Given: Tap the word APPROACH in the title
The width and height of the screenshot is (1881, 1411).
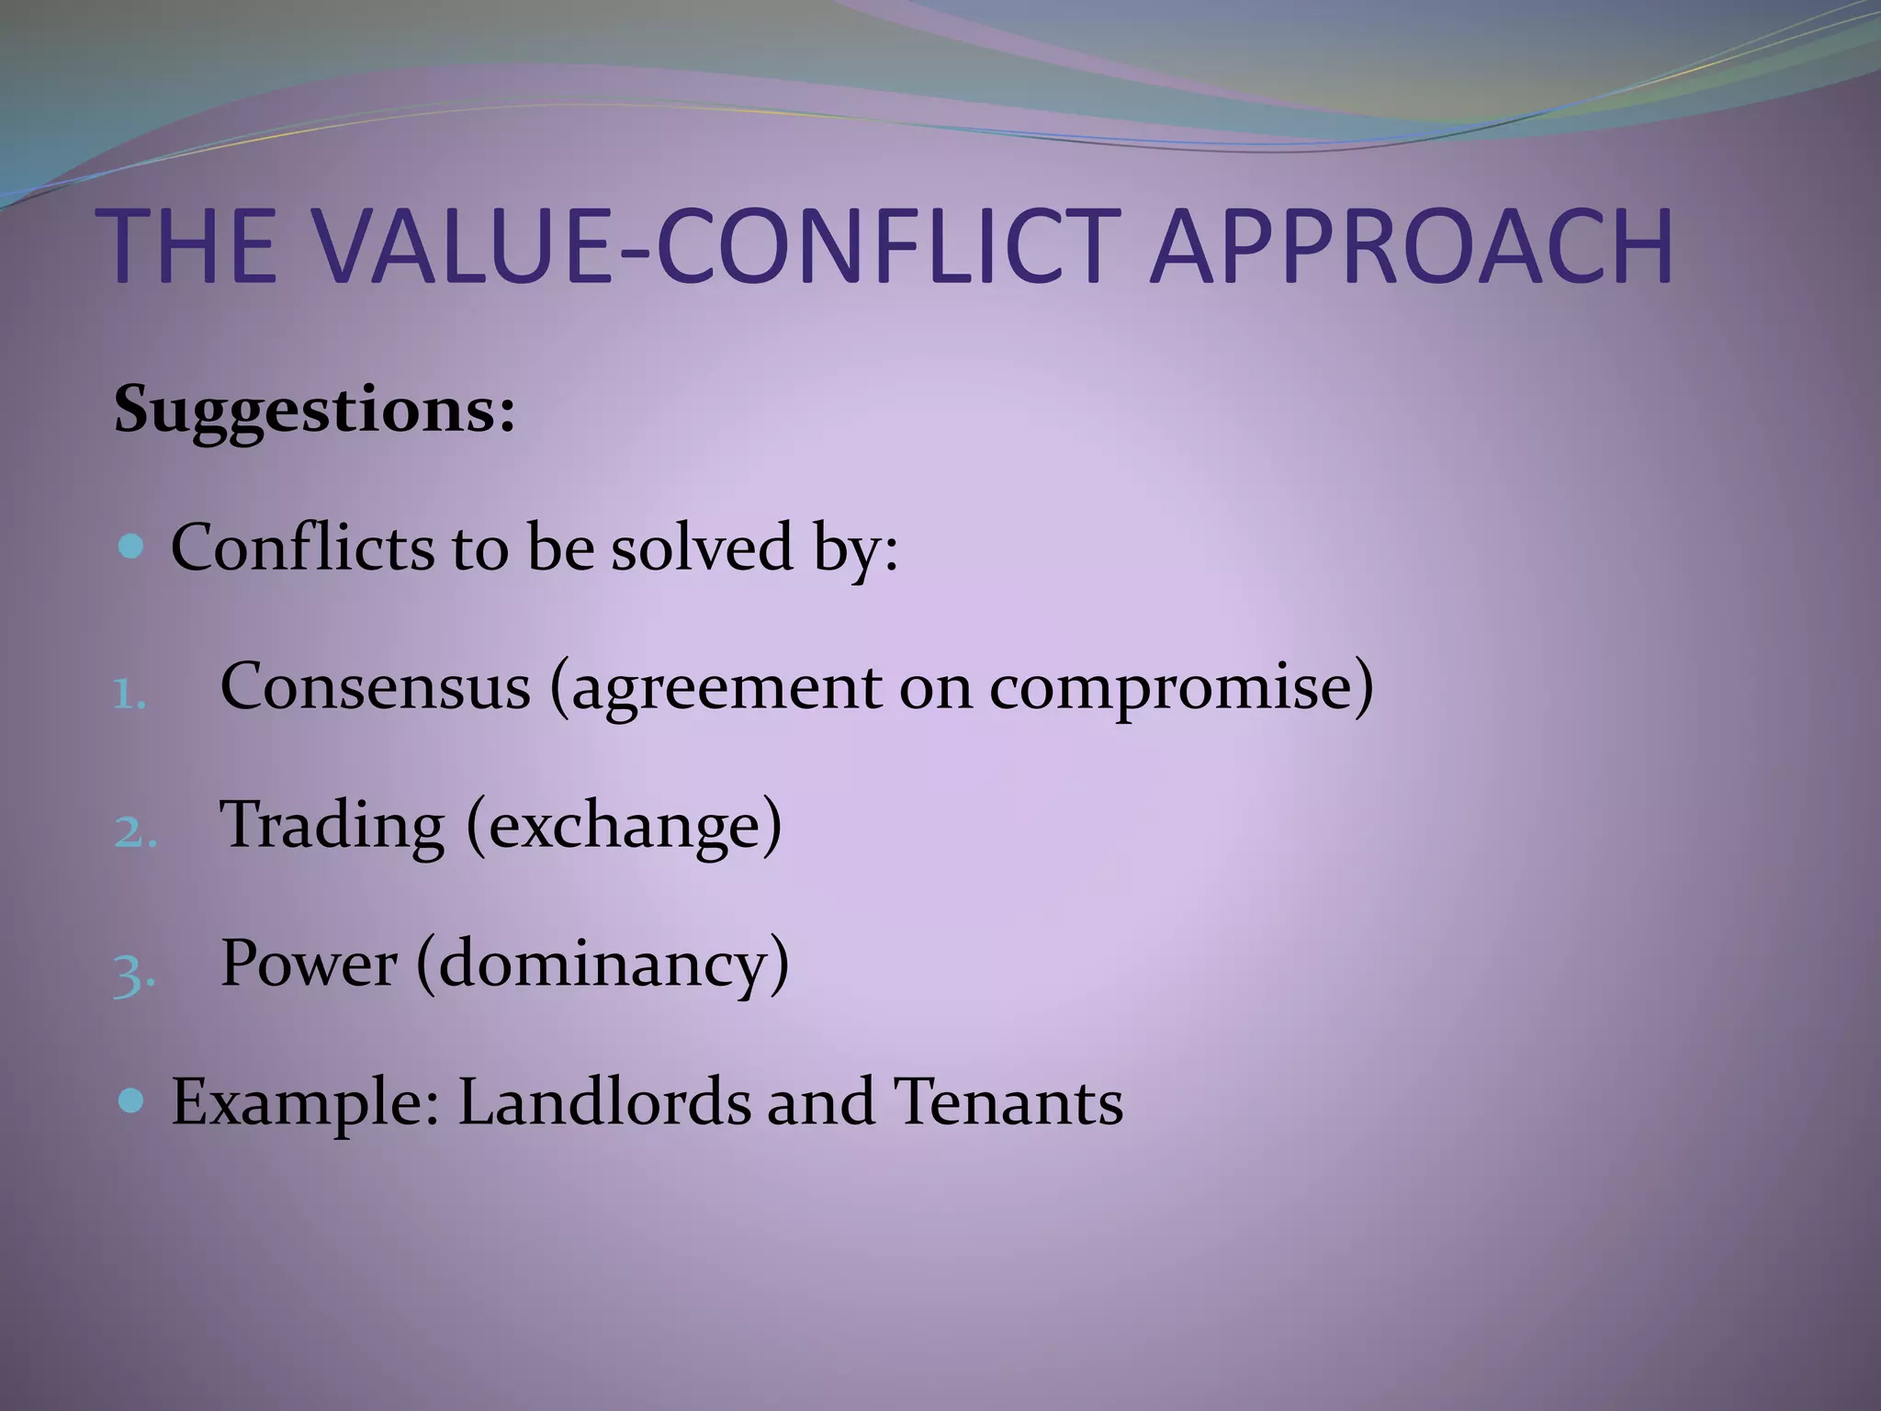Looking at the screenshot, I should click(1412, 246).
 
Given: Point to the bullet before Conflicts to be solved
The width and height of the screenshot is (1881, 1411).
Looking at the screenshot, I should click(132, 548).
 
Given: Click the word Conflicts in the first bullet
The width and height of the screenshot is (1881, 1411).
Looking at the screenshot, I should click(302, 548).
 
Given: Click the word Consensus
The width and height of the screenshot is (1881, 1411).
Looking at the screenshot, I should click(376, 686).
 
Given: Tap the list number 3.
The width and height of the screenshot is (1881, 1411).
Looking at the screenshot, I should click(134, 972).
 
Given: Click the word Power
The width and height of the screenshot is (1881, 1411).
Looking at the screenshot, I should click(309, 964).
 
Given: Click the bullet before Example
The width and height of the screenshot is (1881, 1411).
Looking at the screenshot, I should click(132, 1100).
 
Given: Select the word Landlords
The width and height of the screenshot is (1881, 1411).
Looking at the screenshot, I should click(603, 1101).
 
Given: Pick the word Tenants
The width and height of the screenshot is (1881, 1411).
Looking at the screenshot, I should click(1008, 1101).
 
